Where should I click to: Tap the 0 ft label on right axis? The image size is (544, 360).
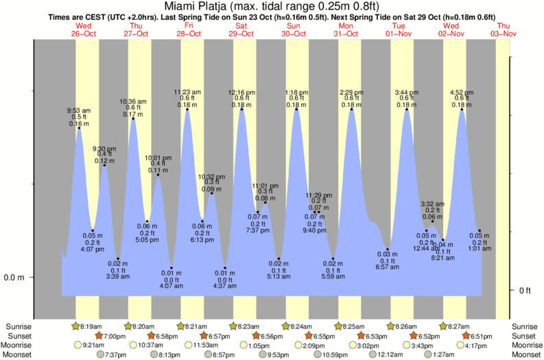[525, 290]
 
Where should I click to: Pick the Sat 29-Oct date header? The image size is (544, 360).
[241, 29]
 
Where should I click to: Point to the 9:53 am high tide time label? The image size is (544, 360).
[78, 110]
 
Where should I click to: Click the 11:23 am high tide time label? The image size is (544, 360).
[187, 91]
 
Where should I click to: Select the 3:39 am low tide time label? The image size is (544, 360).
[117, 276]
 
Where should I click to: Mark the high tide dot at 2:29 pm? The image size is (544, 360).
[351, 108]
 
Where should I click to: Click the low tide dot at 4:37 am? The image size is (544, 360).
[225, 267]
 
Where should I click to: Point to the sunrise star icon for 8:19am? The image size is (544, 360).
[76, 326]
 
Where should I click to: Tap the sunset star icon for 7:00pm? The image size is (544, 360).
[98, 336]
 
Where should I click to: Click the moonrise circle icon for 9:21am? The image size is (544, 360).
[76, 346]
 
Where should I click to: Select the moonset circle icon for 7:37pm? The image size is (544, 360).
[99, 355]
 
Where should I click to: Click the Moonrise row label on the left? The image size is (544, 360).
[19, 346]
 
